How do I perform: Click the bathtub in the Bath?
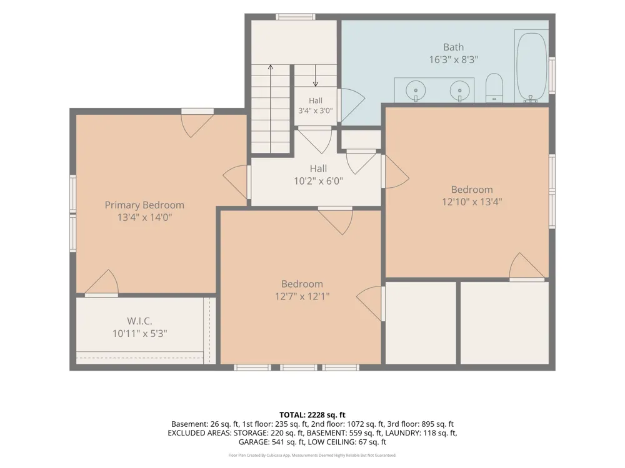(x=531, y=66)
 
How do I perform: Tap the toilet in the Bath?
(x=494, y=87)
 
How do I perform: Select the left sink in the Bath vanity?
(x=416, y=90)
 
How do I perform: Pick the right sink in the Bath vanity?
(x=459, y=90)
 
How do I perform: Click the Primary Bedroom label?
(x=144, y=205)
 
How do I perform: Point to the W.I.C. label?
(x=139, y=321)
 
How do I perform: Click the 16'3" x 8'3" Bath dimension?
(x=454, y=60)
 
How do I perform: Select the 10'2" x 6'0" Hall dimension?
(x=318, y=181)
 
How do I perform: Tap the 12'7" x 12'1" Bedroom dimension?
(x=302, y=296)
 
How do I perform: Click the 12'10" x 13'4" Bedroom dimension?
(x=472, y=202)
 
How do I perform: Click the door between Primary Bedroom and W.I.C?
(x=102, y=283)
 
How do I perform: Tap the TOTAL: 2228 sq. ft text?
(x=312, y=415)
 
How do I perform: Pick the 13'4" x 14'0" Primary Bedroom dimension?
(x=144, y=217)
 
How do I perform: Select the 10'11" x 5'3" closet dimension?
(x=139, y=333)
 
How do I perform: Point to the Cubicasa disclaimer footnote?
(x=312, y=456)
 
